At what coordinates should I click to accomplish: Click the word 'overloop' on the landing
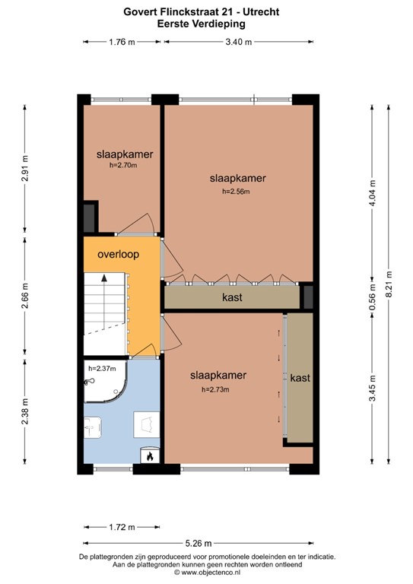[118, 255]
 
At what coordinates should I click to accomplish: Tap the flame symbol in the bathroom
[150, 456]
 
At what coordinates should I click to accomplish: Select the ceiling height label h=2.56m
[236, 192]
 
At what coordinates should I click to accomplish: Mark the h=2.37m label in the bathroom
[102, 369]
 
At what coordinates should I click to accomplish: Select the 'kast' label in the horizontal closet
[232, 297]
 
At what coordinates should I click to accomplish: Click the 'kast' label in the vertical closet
[300, 378]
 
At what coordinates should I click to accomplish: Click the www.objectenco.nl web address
[209, 573]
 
